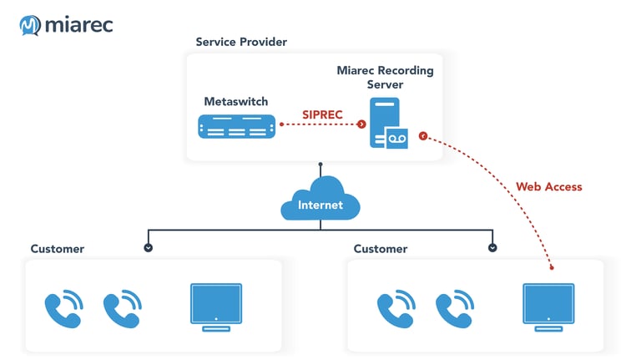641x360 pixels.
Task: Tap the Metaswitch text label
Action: (x=236, y=101)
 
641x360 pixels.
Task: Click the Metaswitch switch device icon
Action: (x=236, y=126)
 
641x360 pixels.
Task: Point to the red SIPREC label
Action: (x=323, y=114)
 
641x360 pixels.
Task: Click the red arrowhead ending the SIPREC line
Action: (x=361, y=124)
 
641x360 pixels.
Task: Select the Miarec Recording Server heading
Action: (x=385, y=78)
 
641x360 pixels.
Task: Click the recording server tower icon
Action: (x=385, y=120)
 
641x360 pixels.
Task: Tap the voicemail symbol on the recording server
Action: (x=397, y=139)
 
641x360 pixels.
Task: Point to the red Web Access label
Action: (x=548, y=186)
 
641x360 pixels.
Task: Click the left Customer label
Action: (x=58, y=249)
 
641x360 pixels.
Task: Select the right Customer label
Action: (x=381, y=249)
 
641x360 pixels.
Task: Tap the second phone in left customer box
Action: (x=122, y=308)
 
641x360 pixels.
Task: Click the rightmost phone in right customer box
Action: (x=454, y=308)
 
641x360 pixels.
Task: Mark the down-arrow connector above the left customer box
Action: (x=149, y=247)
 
